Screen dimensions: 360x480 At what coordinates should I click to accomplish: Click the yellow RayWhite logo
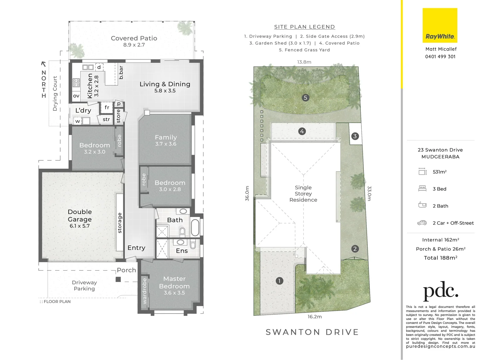click(x=440, y=25)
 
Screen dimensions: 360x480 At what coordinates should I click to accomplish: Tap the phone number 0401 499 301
click(x=440, y=57)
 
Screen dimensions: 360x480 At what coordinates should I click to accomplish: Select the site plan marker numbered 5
click(x=305, y=98)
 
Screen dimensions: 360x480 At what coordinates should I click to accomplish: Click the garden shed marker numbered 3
click(x=355, y=136)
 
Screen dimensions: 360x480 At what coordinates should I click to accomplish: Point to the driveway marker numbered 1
click(x=279, y=281)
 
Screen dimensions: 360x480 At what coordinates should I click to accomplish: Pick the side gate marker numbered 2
click(x=355, y=249)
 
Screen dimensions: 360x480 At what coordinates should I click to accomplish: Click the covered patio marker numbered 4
click(x=302, y=131)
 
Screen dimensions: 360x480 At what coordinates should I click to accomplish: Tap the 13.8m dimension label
click(x=304, y=62)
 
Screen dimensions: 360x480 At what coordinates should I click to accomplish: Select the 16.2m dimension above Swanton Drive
click(x=314, y=317)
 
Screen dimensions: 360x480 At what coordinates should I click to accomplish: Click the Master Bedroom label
click(x=174, y=282)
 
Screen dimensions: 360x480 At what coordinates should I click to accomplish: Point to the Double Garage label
click(x=80, y=216)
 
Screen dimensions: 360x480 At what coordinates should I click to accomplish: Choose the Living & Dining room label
click(x=165, y=84)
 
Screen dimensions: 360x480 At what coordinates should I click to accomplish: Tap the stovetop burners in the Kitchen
click(x=76, y=83)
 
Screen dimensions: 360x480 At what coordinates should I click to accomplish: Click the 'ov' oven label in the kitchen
click(x=76, y=96)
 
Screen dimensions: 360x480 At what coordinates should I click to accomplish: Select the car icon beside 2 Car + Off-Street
click(x=422, y=223)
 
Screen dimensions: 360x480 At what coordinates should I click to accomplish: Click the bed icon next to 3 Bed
click(x=422, y=189)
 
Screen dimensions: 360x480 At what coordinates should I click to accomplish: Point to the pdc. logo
click(x=440, y=291)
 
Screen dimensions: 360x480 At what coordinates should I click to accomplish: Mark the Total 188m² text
click(x=440, y=258)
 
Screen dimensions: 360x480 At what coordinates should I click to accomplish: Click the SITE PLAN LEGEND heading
click(x=304, y=27)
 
